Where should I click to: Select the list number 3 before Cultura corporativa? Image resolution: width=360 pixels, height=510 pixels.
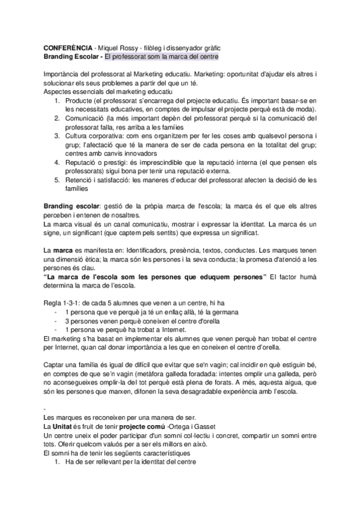click(x=57, y=137)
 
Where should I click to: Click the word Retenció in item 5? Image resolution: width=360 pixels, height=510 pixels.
click(x=82, y=179)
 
